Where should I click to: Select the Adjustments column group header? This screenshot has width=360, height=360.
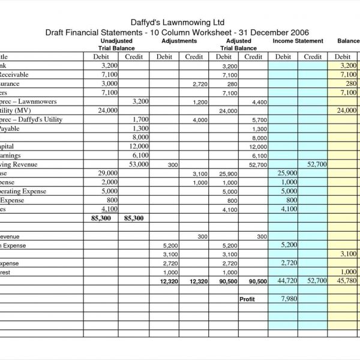[x=179, y=41]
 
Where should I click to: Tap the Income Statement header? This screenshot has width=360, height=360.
[x=298, y=41]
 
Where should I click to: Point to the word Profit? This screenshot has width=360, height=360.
[x=247, y=299]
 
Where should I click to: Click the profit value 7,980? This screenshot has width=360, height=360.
[x=289, y=298]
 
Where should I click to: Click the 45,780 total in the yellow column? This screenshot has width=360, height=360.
[x=347, y=281]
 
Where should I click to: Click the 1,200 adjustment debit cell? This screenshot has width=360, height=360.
[x=200, y=102]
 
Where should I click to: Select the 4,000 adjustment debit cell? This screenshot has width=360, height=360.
[x=200, y=120]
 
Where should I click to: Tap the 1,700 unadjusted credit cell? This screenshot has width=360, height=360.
[x=140, y=119]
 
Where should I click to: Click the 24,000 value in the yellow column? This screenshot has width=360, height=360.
[x=347, y=110]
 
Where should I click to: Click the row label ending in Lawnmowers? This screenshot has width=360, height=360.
[x=24, y=101]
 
